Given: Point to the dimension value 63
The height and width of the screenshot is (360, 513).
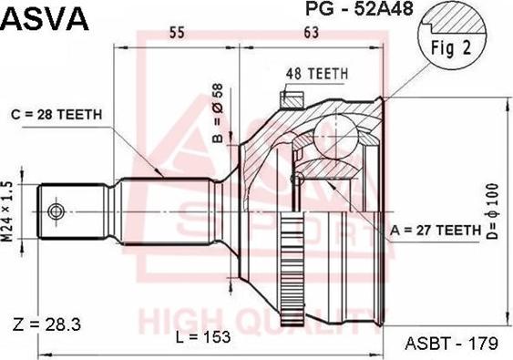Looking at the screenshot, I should tap(312, 34).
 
